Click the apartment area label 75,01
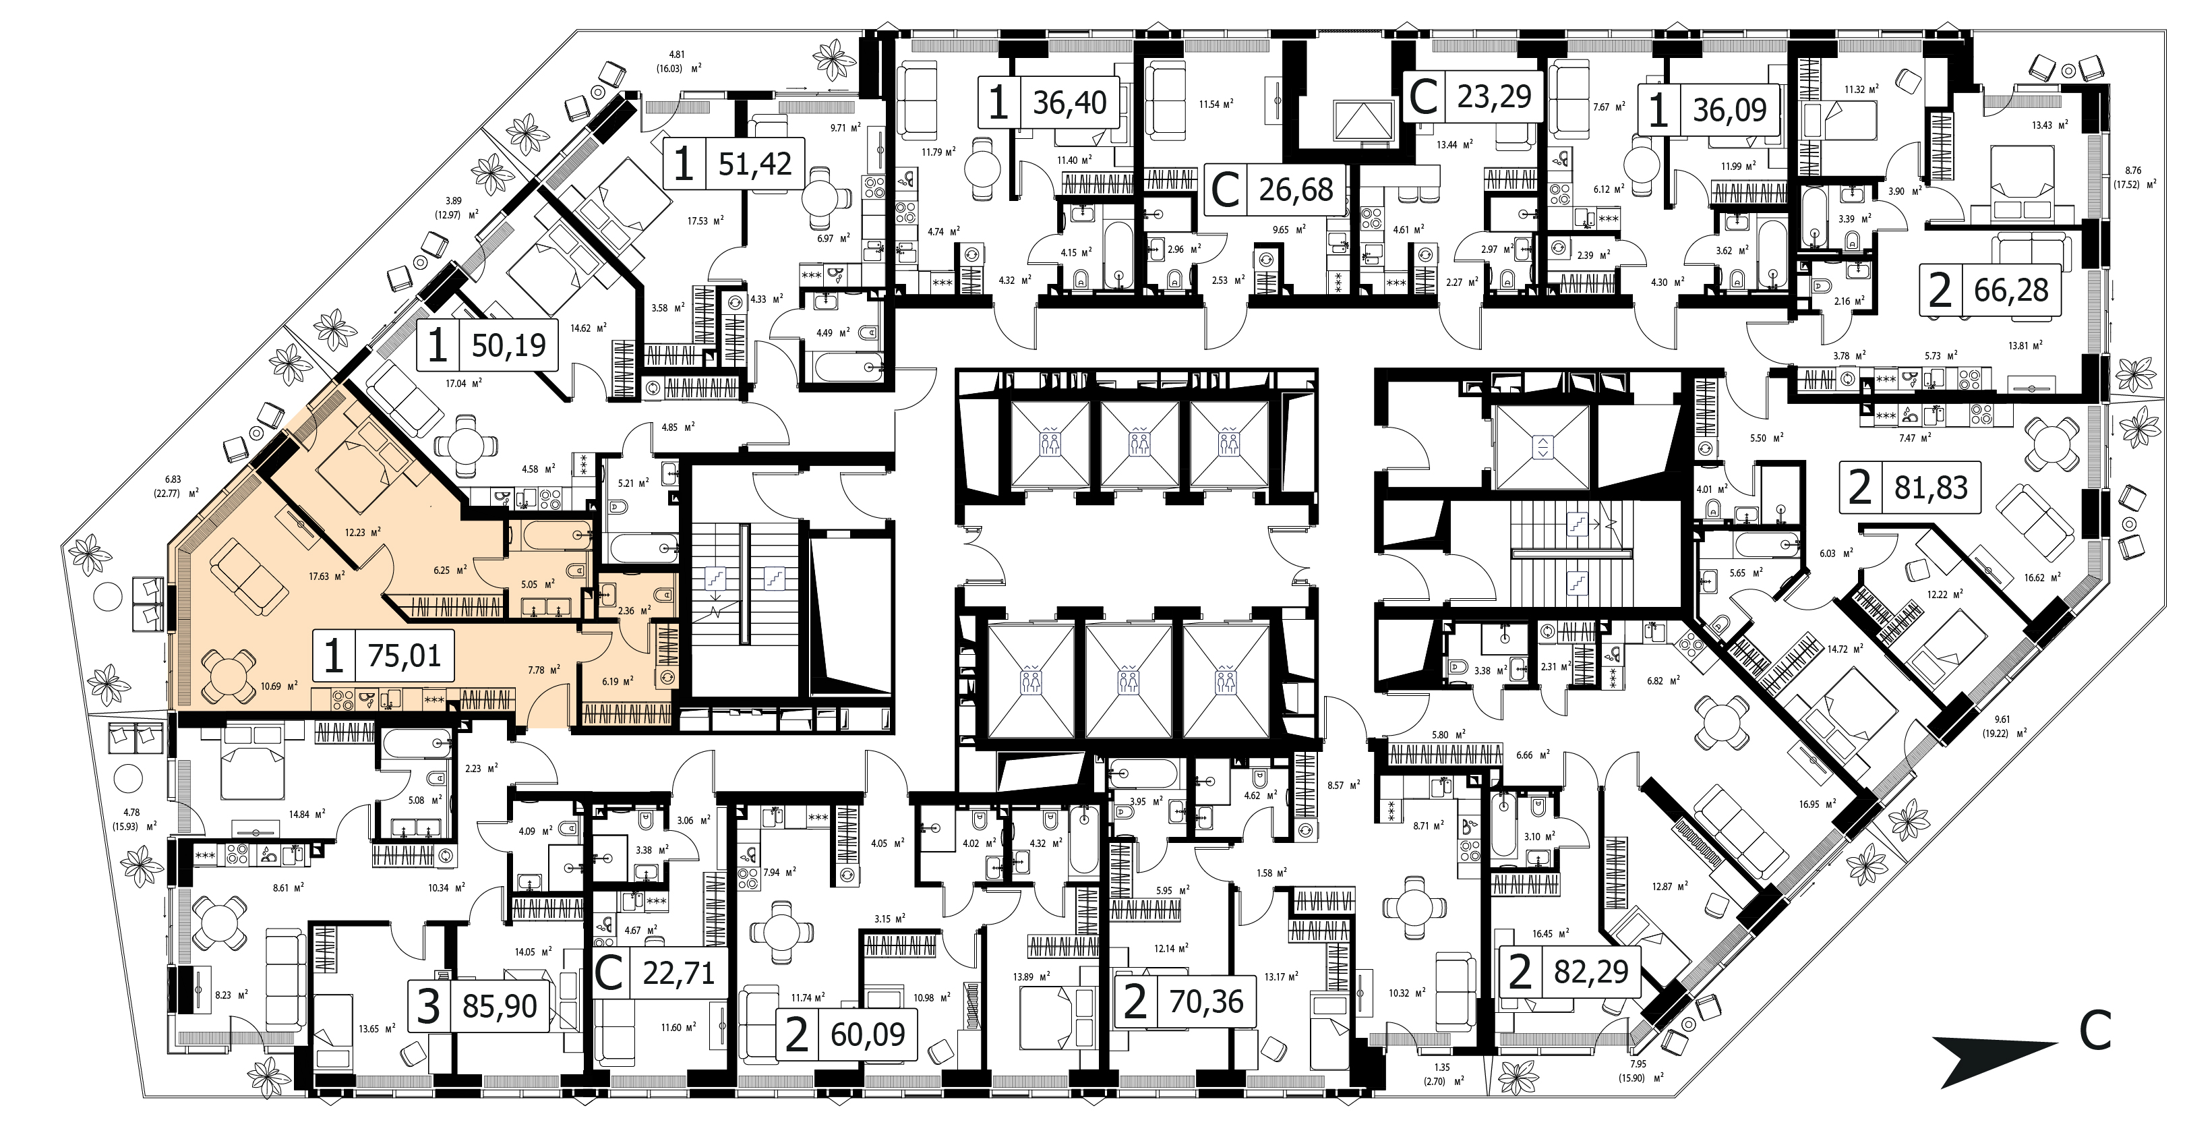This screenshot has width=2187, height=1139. (x=404, y=655)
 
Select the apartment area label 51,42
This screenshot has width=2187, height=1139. (x=755, y=163)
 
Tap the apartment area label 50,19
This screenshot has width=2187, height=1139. (x=508, y=345)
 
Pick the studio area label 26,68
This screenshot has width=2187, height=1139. (x=1296, y=189)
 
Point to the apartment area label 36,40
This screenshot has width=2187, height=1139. (x=1070, y=103)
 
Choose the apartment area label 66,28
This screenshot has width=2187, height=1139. (x=2011, y=291)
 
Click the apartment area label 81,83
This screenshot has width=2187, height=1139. (x=1931, y=488)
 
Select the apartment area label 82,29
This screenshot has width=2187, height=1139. (x=1591, y=971)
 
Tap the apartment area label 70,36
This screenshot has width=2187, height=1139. (x=1206, y=1002)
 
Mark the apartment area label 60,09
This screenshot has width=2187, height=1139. (x=868, y=1034)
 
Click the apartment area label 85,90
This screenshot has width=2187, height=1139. (x=500, y=1007)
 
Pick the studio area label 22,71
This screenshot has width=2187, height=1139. (x=678, y=972)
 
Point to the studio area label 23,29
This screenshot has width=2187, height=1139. (x=1494, y=97)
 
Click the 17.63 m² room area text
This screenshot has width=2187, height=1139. (x=327, y=576)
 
